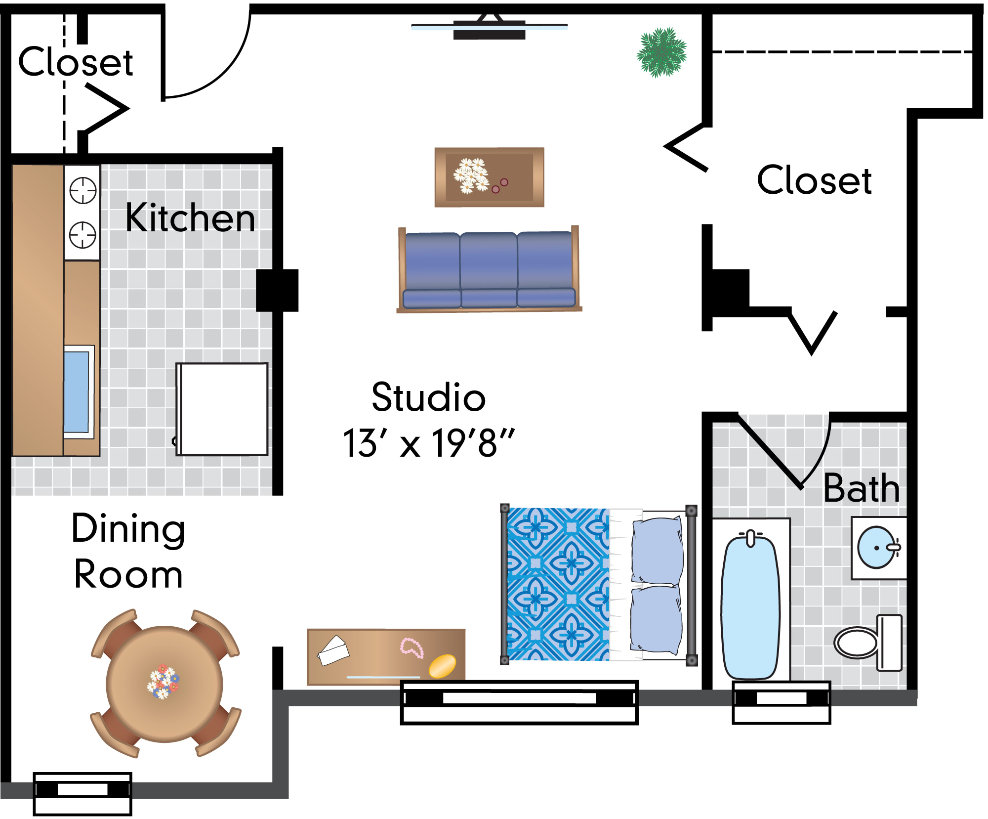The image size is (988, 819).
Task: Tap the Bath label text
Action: (x=862, y=488)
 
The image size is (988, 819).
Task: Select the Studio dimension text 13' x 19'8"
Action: (x=429, y=443)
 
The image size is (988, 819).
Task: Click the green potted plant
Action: (x=661, y=52)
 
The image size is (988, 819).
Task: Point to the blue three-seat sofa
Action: (x=489, y=269)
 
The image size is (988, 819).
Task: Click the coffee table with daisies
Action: (x=489, y=177)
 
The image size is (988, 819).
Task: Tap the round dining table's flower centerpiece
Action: (x=163, y=682)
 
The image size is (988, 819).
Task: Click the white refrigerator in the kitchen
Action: (x=222, y=409)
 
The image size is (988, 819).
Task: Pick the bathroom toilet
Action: (x=868, y=643)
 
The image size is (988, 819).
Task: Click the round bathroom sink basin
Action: (x=877, y=548)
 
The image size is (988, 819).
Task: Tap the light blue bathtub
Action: (x=750, y=605)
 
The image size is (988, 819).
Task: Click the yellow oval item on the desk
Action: (x=442, y=666)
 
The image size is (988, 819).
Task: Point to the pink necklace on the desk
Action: (x=412, y=647)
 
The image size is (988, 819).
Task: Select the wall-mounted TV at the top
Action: (x=489, y=27)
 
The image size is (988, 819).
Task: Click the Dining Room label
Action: (x=128, y=551)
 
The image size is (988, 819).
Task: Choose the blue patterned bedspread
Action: (x=558, y=584)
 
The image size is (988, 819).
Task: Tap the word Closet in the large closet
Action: (x=814, y=180)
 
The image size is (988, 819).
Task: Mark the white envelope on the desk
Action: (x=333, y=650)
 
